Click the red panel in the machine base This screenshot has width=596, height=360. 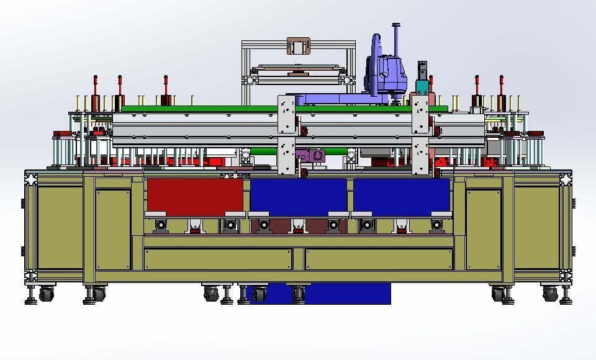pos(194,195)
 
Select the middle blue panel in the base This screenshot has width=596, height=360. pos(298,195)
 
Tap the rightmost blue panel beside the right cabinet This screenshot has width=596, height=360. pos(401,195)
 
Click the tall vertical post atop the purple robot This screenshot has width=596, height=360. pos(395,40)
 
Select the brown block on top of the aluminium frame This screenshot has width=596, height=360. pos(298,47)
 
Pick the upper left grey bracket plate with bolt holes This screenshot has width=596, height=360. pos(286,114)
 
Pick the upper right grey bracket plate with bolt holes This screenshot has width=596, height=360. pos(421,114)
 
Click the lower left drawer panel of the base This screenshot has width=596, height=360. pos(217,259)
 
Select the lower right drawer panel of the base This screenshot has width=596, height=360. pos(379,259)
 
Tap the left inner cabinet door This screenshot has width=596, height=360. pos(112,228)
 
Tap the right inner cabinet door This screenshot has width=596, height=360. pos(483,228)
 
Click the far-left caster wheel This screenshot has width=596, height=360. pos(46,294)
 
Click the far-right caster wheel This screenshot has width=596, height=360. pos(550,294)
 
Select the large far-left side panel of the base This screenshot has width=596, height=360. pos(59,227)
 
